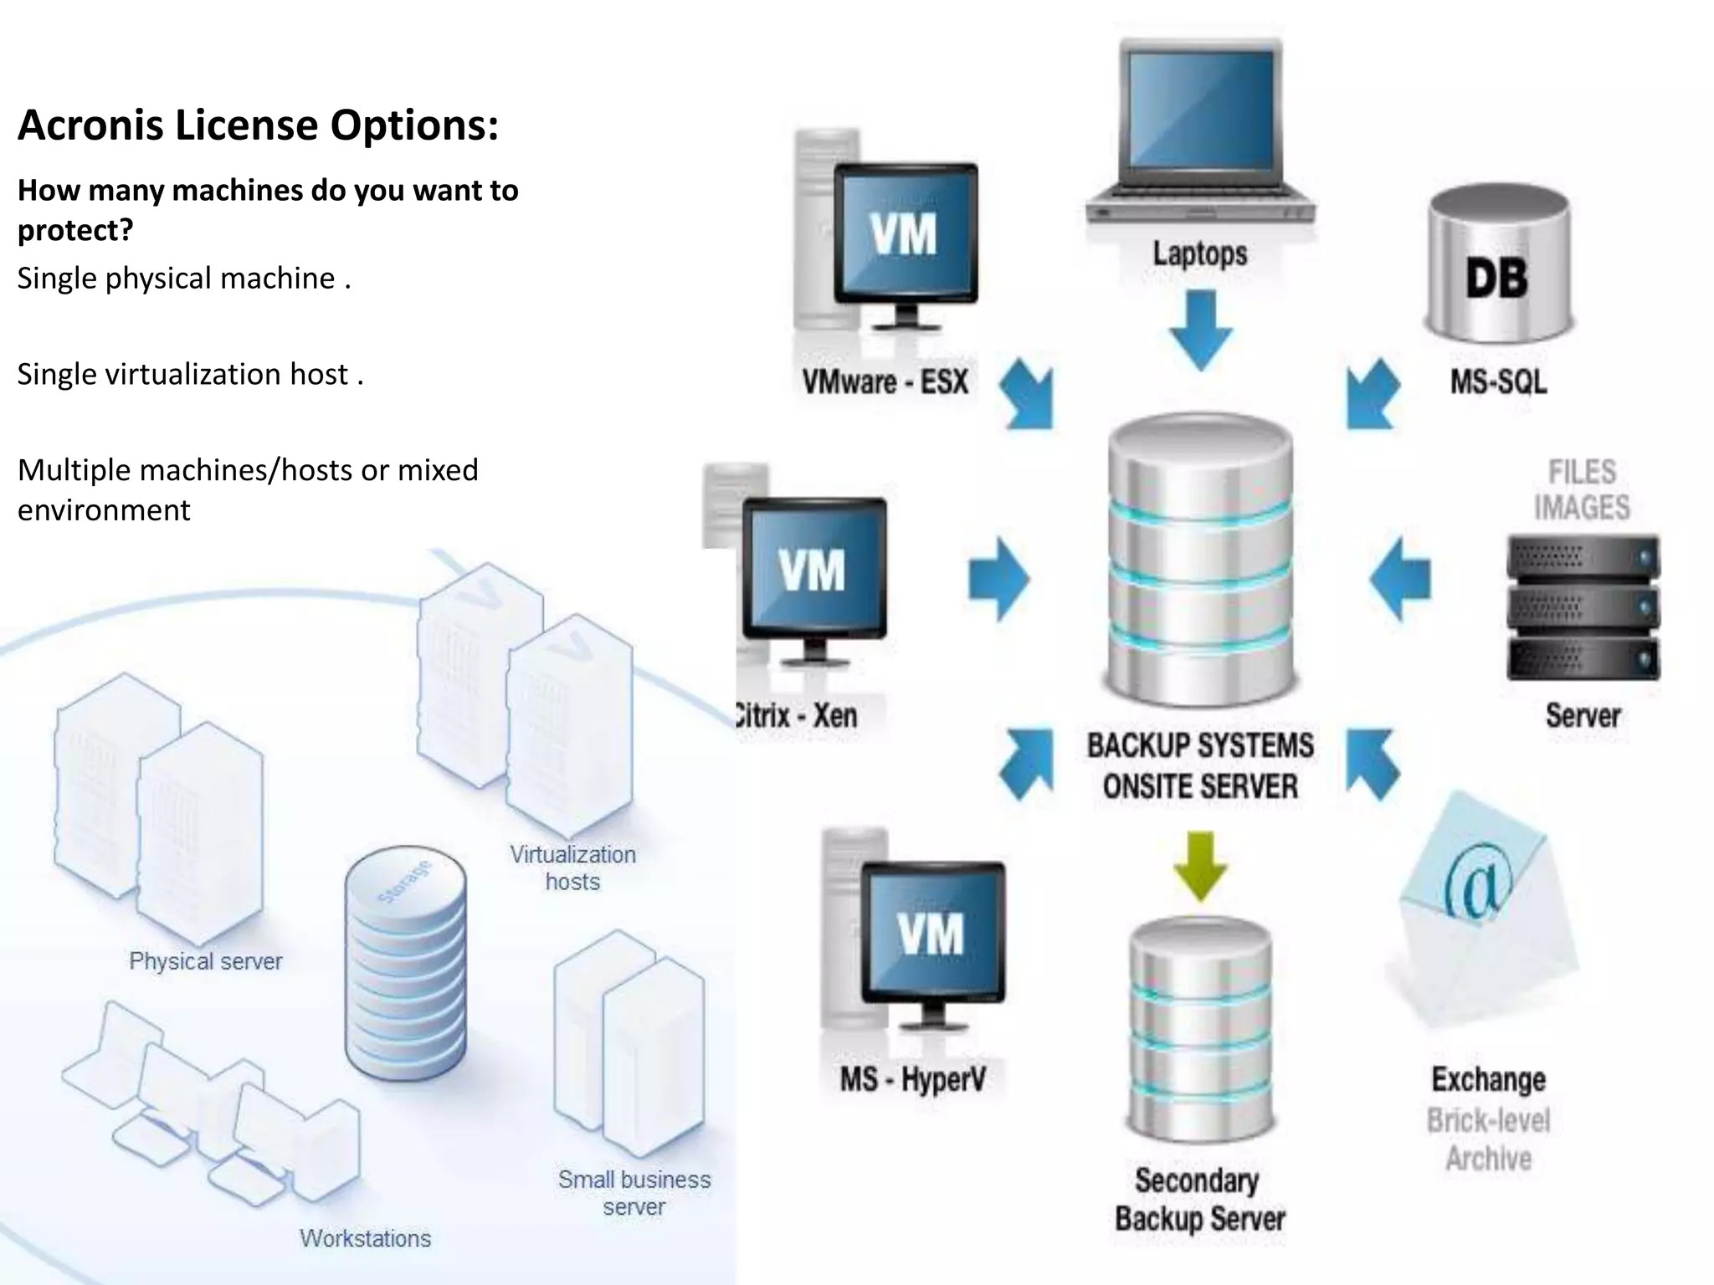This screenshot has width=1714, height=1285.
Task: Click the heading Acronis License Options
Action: pyautogui.click(x=258, y=125)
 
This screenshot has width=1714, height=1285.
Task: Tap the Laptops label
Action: pyautogui.click(x=1199, y=253)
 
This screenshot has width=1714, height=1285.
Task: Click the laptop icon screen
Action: pyautogui.click(x=1200, y=109)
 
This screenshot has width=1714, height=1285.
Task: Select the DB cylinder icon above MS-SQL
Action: pyautogui.click(x=1498, y=268)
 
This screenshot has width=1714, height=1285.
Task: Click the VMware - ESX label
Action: pyautogui.click(x=885, y=382)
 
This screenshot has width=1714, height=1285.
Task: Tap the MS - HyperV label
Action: pyautogui.click(x=912, y=1079)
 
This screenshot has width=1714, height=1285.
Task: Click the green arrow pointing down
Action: pyautogui.click(x=1200, y=866)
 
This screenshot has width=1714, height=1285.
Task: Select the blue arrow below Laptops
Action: pyautogui.click(x=1201, y=330)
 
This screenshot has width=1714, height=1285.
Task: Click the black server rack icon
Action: pyautogui.click(x=1583, y=607)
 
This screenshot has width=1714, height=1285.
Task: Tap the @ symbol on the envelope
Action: pyautogui.click(x=1480, y=887)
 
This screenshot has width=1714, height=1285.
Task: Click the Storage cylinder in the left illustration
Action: pyautogui.click(x=406, y=962)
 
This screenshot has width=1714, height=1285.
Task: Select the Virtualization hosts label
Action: pyautogui.click(x=573, y=868)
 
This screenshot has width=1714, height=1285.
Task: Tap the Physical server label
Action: pyautogui.click(x=205, y=961)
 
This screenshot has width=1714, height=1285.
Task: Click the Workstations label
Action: pyautogui.click(x=365, y=1238)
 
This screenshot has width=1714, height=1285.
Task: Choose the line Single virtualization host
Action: pyautogui.click(x=190, y=374)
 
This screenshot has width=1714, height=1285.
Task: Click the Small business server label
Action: pyautogui.click(x=634, y=1193)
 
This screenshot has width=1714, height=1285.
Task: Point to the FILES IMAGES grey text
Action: pyautogui.click(x=1581, y=489)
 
